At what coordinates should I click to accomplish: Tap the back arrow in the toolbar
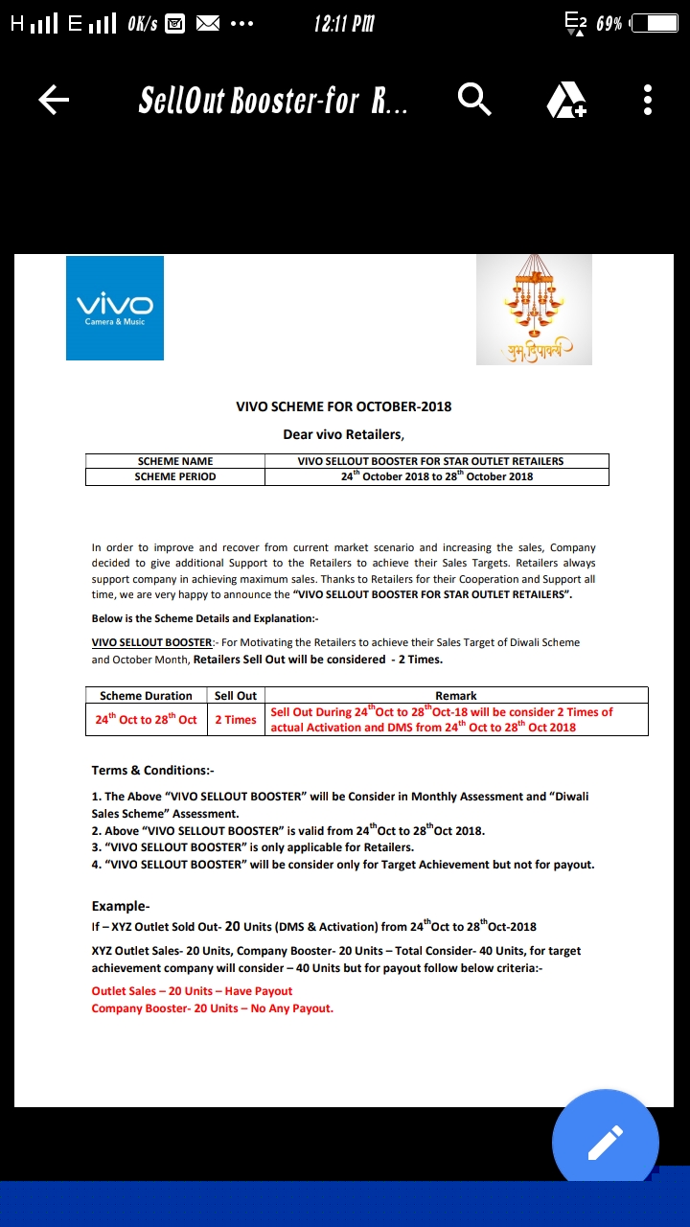pyautogui.click(x=54, y=100)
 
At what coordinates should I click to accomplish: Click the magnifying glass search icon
pyautogui.click(x=474, y=99)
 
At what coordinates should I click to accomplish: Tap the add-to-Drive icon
pyautogui.click(x=565, y=100)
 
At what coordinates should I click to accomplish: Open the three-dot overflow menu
pyautogui.click(x=648, y=100)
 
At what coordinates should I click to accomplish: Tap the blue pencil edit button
pyautogui.click(x=605, y=1142)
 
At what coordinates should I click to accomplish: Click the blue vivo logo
pyautogui.click(x=115, y=308)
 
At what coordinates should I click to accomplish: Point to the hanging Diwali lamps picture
pyautogui.click(x=534, y=310)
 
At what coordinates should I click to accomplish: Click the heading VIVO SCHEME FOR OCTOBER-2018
pyautogui.click(x=344, y=406)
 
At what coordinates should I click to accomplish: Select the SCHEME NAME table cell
pyautogui.click(x=175, y=461)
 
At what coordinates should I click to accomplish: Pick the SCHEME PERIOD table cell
pyautogui.click(x=175, y=476)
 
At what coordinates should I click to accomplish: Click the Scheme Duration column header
pyautogui.click(x=146, y=696)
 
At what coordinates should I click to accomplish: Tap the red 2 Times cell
pyautogui.click(x=236, y=720)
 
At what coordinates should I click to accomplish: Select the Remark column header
pyautogui.click(x=455, y=696)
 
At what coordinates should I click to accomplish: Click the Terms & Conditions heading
pyautogui.click(x=150, y=770)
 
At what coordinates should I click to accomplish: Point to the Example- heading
pyautogui.click(x=121, y=906)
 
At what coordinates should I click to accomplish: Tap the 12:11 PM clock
pyautogui.click(x=344, y=23)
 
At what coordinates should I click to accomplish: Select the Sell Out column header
pyautogui.click(x=236, y=696)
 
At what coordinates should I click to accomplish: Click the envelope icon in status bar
pyautogui.click(x=208, y=23)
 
